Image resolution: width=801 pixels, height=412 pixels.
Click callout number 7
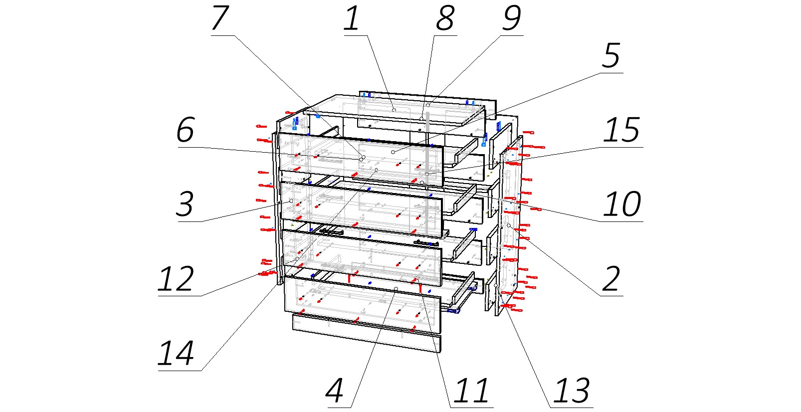click(220, 19)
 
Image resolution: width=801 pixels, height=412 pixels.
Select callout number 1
click(352, 19)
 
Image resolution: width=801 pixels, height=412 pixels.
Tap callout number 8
click(445, 19)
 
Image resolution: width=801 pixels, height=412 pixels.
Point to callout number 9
click(512, 19)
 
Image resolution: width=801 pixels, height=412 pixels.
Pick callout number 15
click(621, 130)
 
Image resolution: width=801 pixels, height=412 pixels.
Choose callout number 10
click(621, 204)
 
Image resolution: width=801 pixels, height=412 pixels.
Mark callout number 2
click(611, 279)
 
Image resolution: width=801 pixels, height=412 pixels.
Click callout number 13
click(572, 391)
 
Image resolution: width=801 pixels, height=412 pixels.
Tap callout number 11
click(471, 391)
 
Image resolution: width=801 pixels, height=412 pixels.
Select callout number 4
click(335, 391)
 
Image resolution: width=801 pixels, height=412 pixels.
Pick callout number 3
click(185, 204)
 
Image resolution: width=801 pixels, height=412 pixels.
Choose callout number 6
click(185, 130)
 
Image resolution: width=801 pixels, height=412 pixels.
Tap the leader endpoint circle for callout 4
click(396, 289)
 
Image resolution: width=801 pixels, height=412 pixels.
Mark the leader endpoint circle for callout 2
click(508, 225)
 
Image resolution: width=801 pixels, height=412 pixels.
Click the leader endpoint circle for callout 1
click(394, 110)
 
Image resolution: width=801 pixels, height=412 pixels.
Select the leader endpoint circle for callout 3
click(291, 201)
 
